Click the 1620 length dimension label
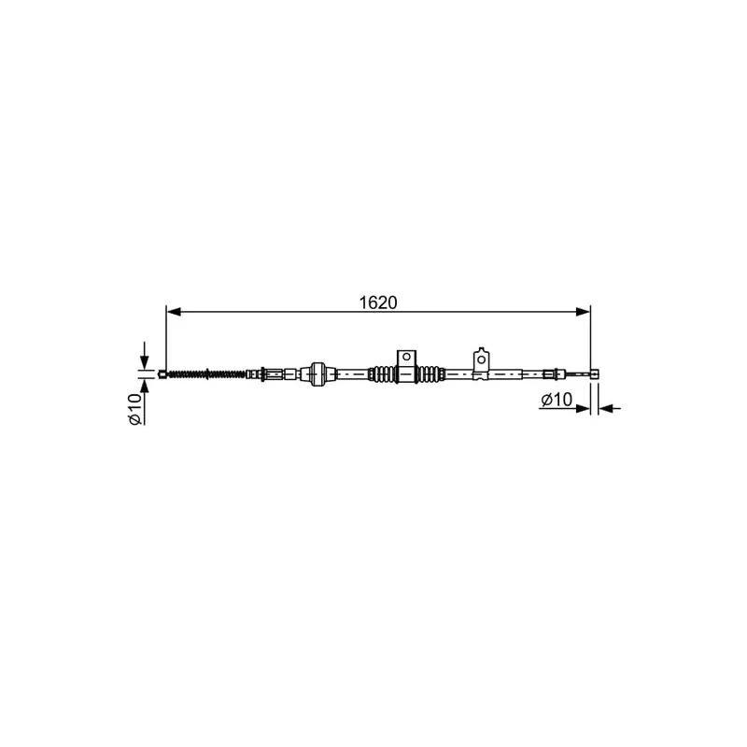click(x=377, y=303)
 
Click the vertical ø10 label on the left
click(x=134, y=409)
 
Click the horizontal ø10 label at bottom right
click(x=557, y=400)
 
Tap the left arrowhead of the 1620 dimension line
click(x=174, y=312)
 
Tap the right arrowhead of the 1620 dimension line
click(x=583, y=312)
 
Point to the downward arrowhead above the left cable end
click(x=145, y=362)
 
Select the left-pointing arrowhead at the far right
click(x=605, y=408)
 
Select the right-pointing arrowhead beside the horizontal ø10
click(x=583, y=408)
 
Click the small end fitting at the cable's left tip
click(x=162, y=374)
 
